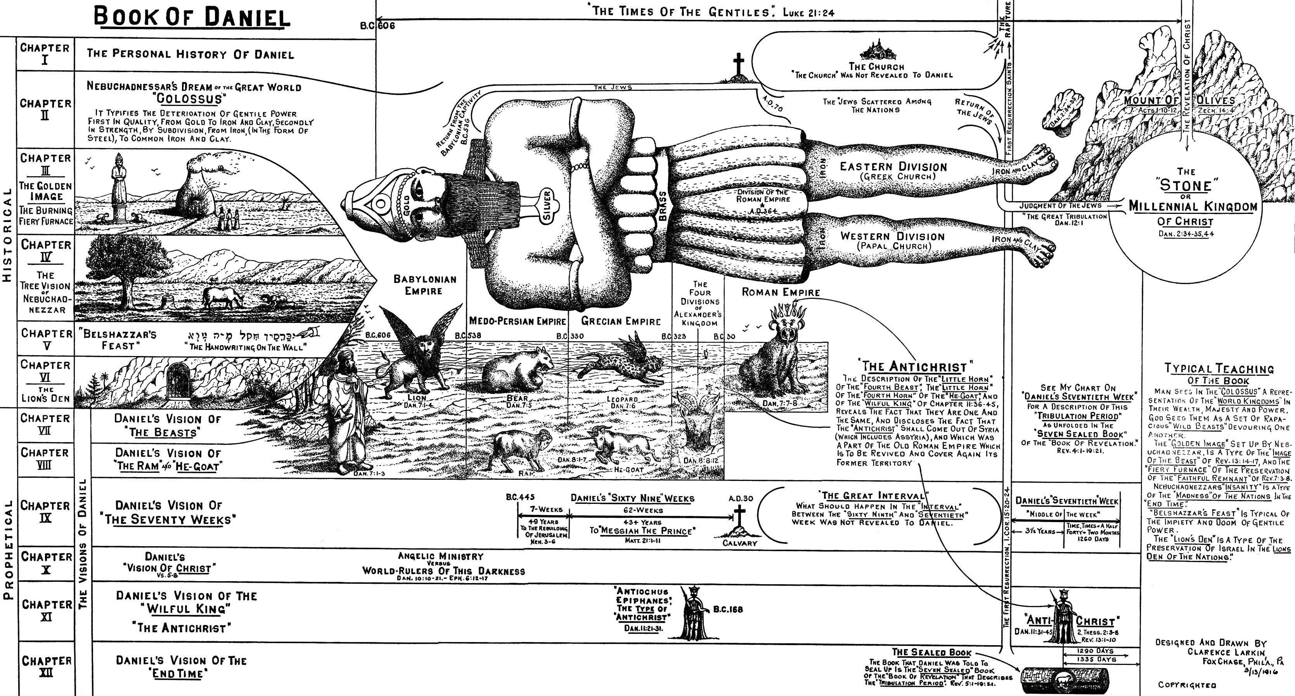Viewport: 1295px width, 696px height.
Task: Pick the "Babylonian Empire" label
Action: pos(424,285)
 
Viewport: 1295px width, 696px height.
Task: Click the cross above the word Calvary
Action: pos(739,517)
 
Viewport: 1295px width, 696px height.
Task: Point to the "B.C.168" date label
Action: pos(727,609)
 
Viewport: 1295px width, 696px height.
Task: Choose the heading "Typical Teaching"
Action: pos(1219,369)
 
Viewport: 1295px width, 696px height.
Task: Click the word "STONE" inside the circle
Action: pos(1185,185)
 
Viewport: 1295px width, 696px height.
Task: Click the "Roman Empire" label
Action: pos(781,292)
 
